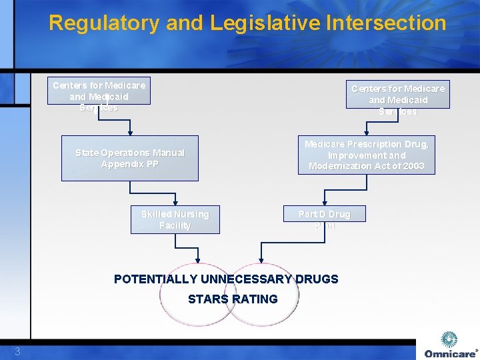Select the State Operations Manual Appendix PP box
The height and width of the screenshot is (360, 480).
(x=130, y=159)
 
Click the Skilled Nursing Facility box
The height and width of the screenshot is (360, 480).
(x=175, y=219)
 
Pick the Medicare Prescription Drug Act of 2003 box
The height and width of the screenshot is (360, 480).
(x=366, y=155)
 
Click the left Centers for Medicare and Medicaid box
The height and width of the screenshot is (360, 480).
(x=99, y=91)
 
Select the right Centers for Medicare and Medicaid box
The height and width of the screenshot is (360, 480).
(x=398, y=95)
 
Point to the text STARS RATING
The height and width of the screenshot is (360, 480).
(x=233, y=299)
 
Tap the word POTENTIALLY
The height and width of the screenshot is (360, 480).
(x=156, y=279)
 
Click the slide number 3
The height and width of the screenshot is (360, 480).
(x=18, y=351)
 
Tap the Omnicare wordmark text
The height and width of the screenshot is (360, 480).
(x=450, y=353)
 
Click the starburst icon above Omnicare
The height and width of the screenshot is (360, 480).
(x=450, y=339)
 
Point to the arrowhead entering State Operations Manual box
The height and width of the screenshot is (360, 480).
(x=130, y=132)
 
